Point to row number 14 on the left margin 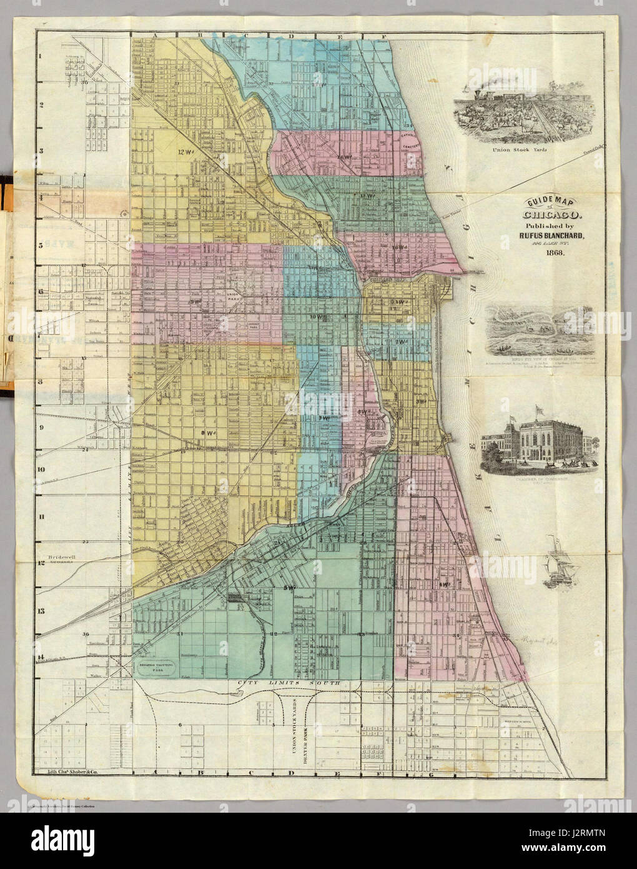click(41, 656)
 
